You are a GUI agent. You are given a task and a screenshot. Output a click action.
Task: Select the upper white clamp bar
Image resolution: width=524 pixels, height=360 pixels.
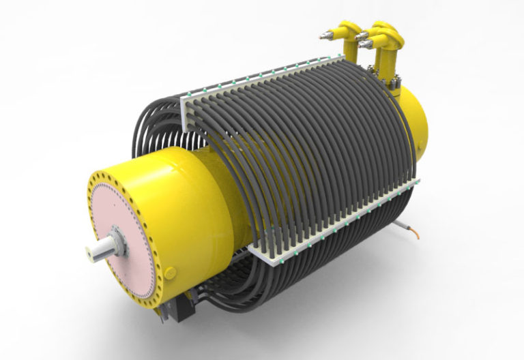click(287, 79)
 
